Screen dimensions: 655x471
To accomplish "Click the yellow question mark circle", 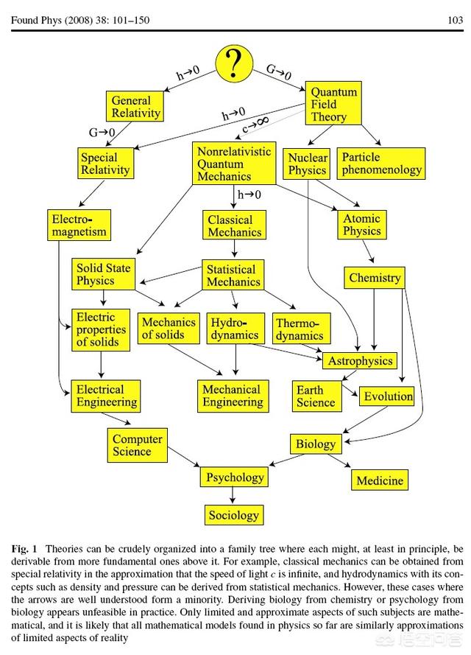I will [235, 63].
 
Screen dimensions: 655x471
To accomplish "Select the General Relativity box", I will [135, 106].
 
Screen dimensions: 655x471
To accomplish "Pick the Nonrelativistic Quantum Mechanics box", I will [234, 163].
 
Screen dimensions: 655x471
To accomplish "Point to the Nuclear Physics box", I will [307, 164].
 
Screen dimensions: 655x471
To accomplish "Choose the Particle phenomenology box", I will [381, 163].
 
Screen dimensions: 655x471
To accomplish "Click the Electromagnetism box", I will [79, 225].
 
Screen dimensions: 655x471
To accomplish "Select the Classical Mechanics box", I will [230, 225].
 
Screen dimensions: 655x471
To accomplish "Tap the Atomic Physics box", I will [361, 225].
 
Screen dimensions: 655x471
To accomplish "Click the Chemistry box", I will [375, 278].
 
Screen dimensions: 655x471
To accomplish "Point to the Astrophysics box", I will [360, 361].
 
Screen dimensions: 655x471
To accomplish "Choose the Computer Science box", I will [137, 445].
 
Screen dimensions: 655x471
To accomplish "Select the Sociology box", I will [233, 515].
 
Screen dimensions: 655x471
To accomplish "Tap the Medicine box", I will [380, 480].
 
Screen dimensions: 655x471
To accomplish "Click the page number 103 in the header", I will [454, 20].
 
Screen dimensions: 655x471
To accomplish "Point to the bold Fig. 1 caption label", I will [24, 550].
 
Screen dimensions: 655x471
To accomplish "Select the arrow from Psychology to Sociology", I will [233, 496].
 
